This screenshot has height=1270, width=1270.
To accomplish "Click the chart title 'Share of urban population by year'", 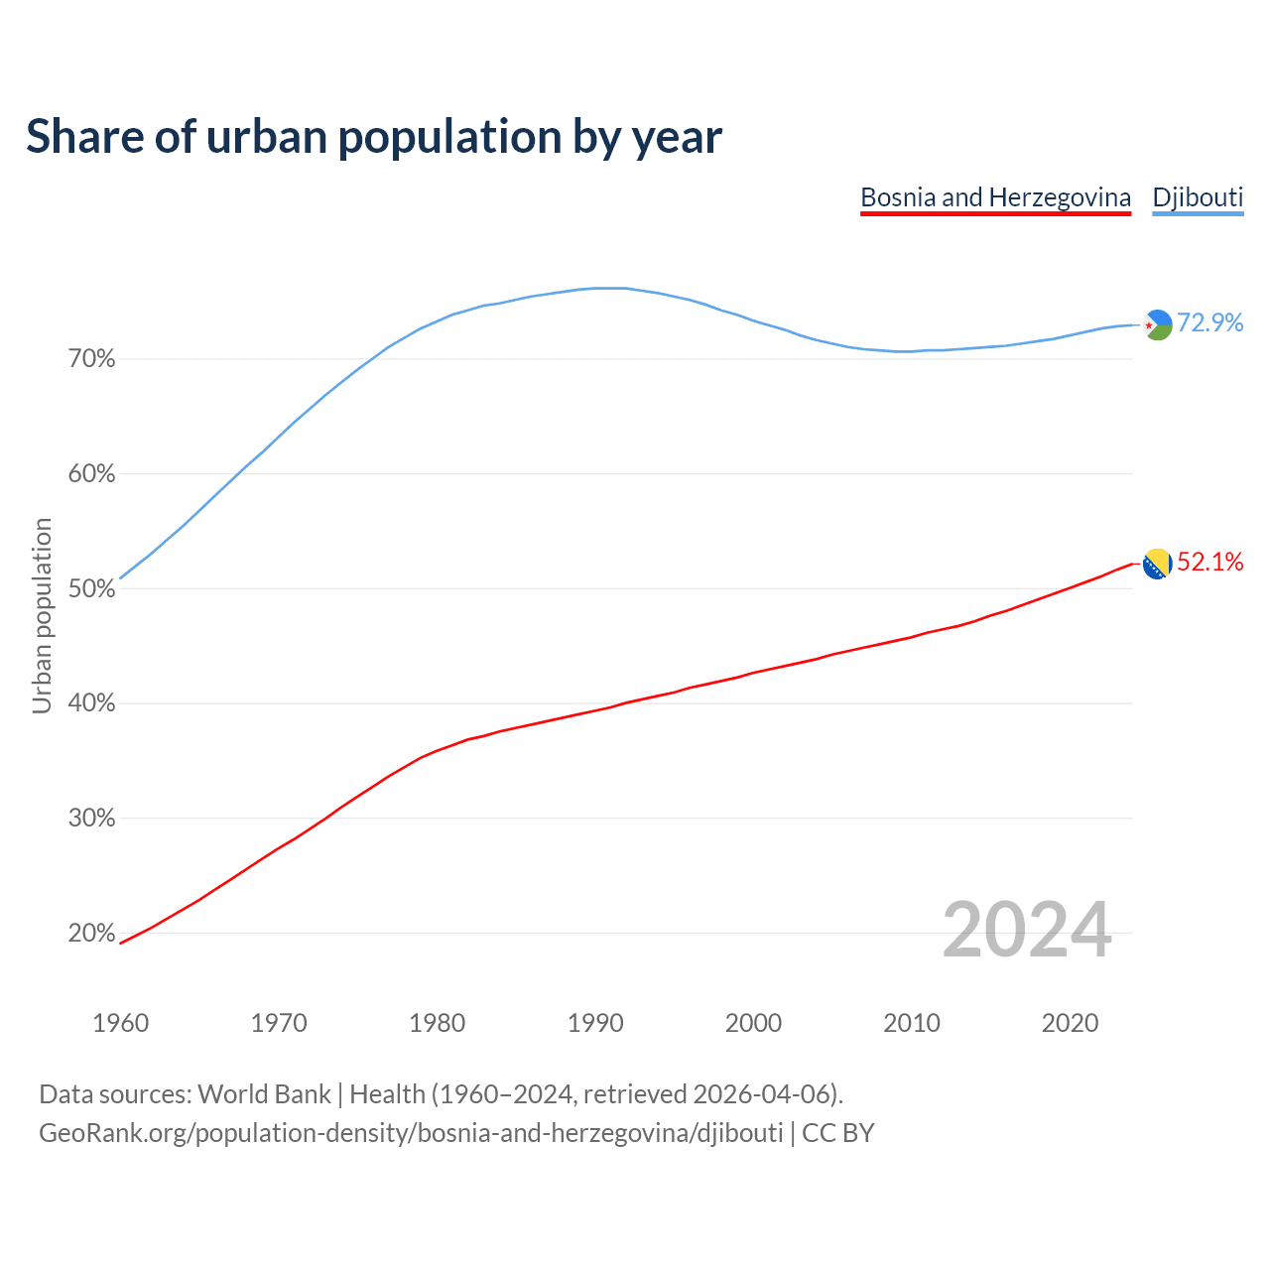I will (x=374, y=136).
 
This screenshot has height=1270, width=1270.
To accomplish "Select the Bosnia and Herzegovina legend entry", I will (x=995, y=197).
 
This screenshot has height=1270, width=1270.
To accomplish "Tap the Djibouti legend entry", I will (x=1198, y=197).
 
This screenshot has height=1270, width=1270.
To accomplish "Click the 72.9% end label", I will (x=1209, y=322).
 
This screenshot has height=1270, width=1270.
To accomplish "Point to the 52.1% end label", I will (x=1209, y=562).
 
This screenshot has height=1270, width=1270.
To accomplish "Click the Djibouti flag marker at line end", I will (x=1158, y=324).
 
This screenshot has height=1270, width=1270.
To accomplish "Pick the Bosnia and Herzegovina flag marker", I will (x=1158, y=564).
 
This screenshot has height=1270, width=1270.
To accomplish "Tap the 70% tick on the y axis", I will (x=91, y=359).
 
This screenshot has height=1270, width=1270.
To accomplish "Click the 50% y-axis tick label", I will (x=91, y=589).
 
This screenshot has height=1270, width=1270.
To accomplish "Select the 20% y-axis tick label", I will (x=91, y=934).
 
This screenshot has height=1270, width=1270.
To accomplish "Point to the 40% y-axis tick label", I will (x=91, y=703).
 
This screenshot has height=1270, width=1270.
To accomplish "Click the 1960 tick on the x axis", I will (x=121, y=1023).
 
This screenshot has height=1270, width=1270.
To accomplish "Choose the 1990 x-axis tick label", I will (x=595, y=1023).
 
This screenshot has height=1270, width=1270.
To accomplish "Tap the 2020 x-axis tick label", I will (x=1070, y=1023).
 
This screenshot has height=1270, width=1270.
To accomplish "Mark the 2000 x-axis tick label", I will (x=753, y=1023).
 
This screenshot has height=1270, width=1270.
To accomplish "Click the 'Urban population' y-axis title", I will (x=42, y=615).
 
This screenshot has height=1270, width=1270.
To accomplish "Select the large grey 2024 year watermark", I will (x=1027, y=930).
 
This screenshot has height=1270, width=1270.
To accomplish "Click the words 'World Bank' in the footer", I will (x=264, y=1094).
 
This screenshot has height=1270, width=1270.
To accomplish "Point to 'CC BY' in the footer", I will (x=838, y=1133).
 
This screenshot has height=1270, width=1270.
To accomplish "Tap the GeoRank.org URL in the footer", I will (x=411, y=1133).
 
